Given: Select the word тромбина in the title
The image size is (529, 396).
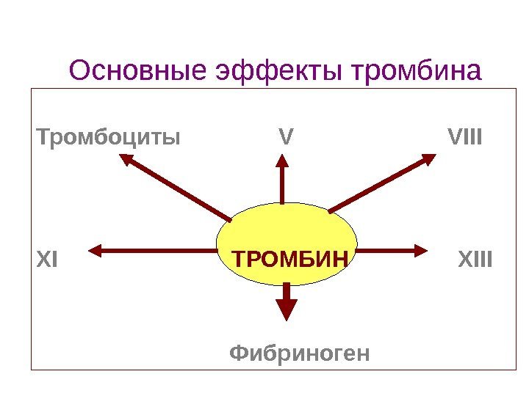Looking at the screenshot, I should (x=417, y=72).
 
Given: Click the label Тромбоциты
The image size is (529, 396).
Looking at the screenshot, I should (x=109, y=136).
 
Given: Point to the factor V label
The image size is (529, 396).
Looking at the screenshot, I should (x=287, y=136).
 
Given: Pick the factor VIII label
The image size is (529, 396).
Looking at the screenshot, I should (x=464, y=136).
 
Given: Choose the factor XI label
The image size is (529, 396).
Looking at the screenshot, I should (x=46, y=260).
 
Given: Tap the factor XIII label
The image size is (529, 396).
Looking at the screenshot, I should (x=475, y=260).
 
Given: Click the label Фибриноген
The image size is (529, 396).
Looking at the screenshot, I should (x=301, y=353).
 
